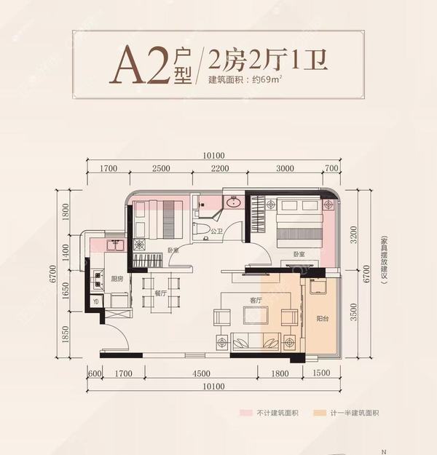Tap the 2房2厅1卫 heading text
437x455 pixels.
[x=267, y=58]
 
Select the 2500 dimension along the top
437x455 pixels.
[x=162, y=169]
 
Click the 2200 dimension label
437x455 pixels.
[x=219, y=169]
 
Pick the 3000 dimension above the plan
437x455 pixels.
[x=285, y=169]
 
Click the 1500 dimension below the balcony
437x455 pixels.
[x=320, y=374]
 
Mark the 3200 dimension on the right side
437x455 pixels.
[x=354, y=235]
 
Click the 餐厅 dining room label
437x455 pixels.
[x=162, y=293]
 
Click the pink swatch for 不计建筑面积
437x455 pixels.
[x=246, y=413]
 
